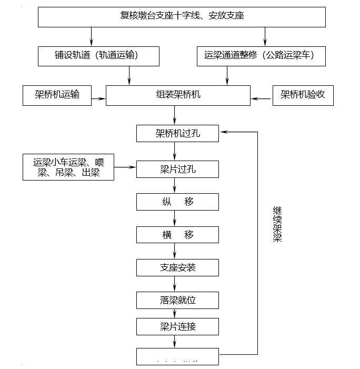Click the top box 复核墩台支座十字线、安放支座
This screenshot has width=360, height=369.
182,16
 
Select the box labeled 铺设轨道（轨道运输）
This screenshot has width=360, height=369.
98,56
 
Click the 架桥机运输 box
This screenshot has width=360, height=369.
57,96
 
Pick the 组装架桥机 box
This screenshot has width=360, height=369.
178,96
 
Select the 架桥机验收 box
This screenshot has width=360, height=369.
303,96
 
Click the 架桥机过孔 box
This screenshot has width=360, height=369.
177,134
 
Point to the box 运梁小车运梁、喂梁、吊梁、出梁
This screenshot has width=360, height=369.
68,167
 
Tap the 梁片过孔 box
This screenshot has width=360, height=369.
177,169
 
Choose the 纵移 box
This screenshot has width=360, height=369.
177,202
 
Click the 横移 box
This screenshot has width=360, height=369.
177,235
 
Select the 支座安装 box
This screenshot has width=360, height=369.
177,267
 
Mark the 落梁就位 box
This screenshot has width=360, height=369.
177,300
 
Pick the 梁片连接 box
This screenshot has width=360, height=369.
177,326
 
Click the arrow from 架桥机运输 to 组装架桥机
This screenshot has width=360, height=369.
98,98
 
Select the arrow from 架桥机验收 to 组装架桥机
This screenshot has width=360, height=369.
261,98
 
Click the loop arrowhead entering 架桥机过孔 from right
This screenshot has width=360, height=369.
223,132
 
